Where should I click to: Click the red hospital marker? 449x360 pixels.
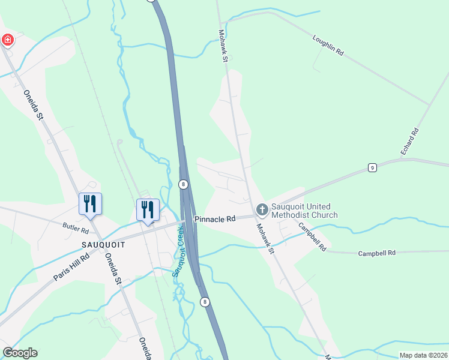[8, 40]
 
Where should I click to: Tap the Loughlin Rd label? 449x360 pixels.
[327, 45]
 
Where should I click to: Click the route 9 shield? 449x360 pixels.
[372, 169]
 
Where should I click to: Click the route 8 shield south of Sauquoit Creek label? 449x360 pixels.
[205, 302]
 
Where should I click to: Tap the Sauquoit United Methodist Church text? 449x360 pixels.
[304, 211]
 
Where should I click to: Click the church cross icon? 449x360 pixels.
[262, 209]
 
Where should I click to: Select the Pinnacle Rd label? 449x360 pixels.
[214, 220]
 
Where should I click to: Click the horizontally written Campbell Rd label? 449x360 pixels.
[377, 253]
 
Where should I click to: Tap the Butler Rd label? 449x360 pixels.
[76, 228]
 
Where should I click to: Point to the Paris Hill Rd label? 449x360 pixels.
[71, 266]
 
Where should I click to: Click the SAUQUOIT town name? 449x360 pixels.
[103, 245]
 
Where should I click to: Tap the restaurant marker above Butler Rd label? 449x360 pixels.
[90, 204]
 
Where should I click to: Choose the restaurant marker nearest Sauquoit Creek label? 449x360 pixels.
[148, 210]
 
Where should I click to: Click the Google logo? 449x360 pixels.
[20, 353]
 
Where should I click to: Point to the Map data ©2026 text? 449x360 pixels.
[423, 355]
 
